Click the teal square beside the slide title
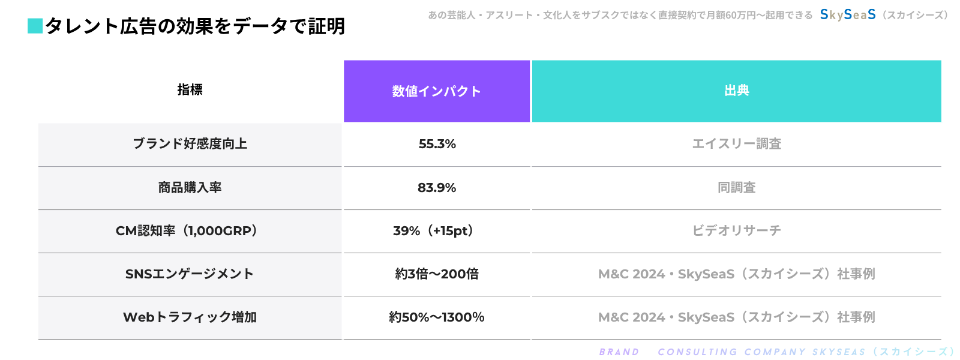click(35, 26)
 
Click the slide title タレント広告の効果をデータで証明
click(195, 26)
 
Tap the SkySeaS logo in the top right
click(848, 14)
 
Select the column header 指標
click(190, 90)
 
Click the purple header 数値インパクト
click(436, 91)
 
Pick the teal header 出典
click(736, 91)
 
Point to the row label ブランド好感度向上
click(190, 144)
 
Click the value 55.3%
click(437, 144)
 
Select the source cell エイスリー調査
click(736, 144)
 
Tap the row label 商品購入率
click(190, 188)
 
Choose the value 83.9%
click(437, 188)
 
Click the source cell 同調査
click(736, 188)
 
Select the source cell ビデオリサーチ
click(736, 231)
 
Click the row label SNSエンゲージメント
click(190, 274)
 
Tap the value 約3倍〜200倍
click(437, 274)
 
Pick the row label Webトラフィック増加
click(190, 317)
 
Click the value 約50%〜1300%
click(436, 317)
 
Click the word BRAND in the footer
click(619, 352)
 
